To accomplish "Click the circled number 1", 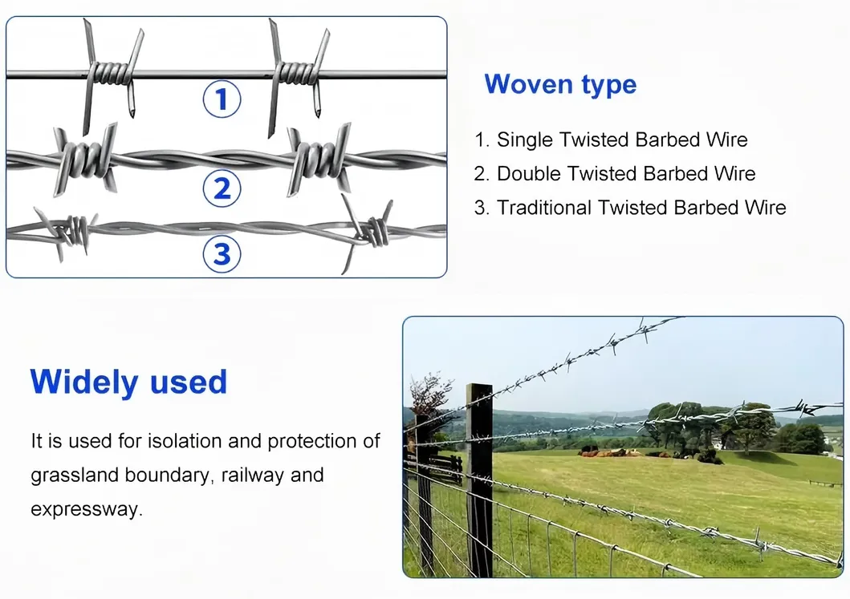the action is pyautogui.click(x=222, y=99).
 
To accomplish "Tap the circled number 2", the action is pyautogui.click(x=222, y=188).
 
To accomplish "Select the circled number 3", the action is pyautogui.click(x=222, y=253).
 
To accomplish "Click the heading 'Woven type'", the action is pyautogui.click(x=560, y=85).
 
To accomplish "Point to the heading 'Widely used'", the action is pyautogui.click(x=128, y=381).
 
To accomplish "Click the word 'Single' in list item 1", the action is pyautogui.click(x=525, y=140).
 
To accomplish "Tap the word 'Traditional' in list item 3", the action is pyautogui.click(x=543, y=208).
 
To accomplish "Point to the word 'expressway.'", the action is pyautogui.click(x=87, y=510).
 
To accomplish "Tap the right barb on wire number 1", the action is pyautogui.click(x=298, y=76).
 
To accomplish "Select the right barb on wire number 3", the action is pyautogui.click(x=368, y=233).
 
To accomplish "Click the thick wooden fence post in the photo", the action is pyautogui.click(x=479, y=480).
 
